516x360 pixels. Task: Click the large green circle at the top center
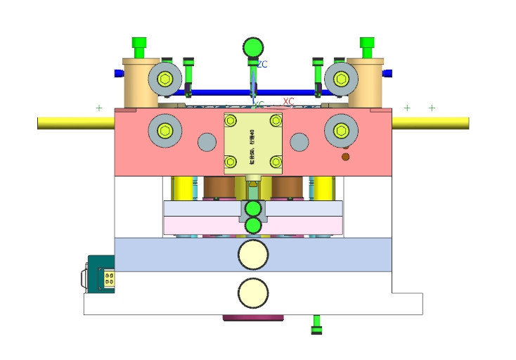[253, 47]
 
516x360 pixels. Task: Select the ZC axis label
[262, 65]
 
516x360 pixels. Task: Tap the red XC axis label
[288, 101]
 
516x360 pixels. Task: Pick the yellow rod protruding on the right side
[430, 122]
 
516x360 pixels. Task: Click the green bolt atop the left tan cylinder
[139, 46]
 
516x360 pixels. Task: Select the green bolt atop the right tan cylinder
[367, 46]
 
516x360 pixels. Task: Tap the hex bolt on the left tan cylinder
[165, 78]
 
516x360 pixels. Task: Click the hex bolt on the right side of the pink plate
[341, 129]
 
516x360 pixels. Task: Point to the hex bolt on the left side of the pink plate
[165, 129]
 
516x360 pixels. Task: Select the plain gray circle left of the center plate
[207, 142]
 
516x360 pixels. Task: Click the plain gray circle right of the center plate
[299, 142]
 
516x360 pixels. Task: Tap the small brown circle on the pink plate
[345, 156]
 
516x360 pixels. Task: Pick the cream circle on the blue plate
[253, 255]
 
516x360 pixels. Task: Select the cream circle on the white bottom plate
[253, 292]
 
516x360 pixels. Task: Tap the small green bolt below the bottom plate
[317, 326]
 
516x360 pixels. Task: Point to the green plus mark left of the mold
[98, 108]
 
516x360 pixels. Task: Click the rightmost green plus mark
[432, 108]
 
